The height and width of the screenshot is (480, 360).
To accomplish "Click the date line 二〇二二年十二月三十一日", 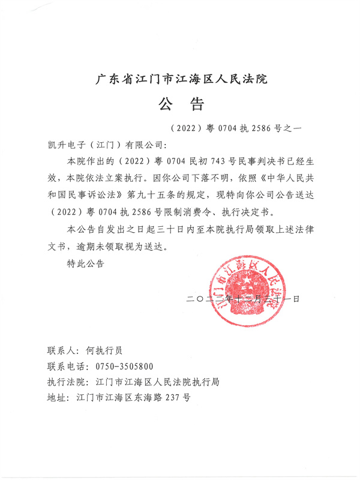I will click(243, 298).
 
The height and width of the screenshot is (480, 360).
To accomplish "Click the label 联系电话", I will click(66, 367).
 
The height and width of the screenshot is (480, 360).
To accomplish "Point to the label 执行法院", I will click(66, 382).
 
